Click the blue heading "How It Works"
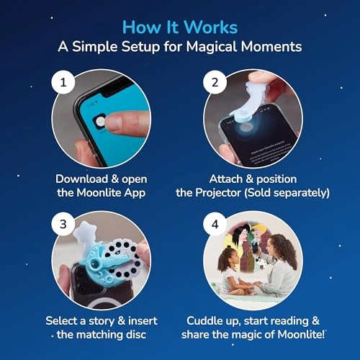tap(180, 27)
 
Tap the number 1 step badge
tap(63, 82)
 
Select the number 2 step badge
tap(215, 82)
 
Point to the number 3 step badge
tap(63, 224)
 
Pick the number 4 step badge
tap(215, 224)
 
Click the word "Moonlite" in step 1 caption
tap(99, 192)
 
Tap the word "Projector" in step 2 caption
tap(218, 192)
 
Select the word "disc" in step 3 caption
tap(136, 334)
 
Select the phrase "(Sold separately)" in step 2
tap(287, 193)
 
